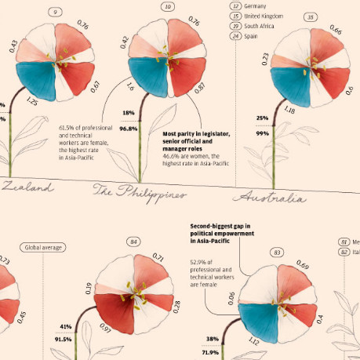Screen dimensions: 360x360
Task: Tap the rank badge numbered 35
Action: (289, 16)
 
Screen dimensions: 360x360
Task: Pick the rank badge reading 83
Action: (277, 253)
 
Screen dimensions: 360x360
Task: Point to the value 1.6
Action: (130, 90)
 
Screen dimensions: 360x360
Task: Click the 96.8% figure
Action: (129, 128)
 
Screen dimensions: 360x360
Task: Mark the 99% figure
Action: (262, 133)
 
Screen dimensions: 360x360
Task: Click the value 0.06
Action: (231, 297)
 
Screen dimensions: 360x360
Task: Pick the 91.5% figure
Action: (64, 340)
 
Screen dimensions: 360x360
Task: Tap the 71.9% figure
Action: (209, 353)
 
